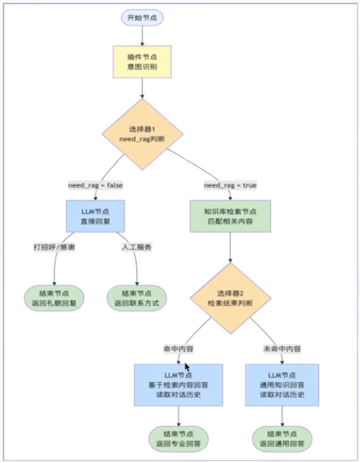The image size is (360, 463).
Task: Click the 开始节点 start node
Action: (143, 17)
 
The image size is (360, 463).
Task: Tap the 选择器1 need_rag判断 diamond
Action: (143, 134)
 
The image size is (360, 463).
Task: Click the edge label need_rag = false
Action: (95, 186)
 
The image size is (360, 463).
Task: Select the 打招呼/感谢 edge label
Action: (54, 246)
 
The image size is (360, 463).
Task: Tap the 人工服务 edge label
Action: (136, 246)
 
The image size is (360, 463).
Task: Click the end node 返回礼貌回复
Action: (54, 298)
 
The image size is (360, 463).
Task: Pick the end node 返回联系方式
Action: (136, 298)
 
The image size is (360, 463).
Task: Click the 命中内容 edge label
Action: (178, 349)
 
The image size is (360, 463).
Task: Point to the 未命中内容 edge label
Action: (281, 349)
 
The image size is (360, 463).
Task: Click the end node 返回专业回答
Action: (178, 439)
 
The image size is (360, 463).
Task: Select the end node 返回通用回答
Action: (283, 439)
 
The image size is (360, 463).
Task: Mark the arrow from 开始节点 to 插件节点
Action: (143, 36)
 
